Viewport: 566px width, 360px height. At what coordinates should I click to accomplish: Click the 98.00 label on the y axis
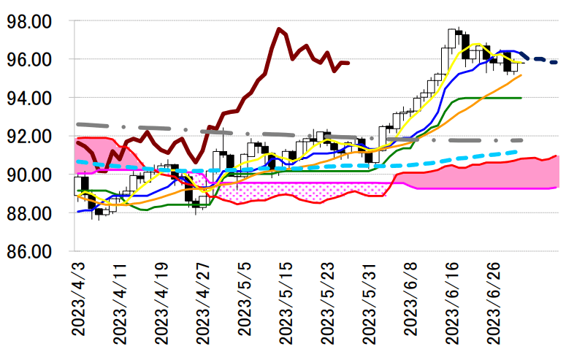[28, 21]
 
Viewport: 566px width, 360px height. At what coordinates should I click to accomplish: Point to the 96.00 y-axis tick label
[28, 60]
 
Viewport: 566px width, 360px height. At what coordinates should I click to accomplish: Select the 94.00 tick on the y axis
[28, 98]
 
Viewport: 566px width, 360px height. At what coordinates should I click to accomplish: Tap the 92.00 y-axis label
[28, 137]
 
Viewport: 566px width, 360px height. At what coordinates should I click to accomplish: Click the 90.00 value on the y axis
[28, 175]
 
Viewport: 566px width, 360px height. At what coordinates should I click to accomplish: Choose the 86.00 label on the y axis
[28, 252]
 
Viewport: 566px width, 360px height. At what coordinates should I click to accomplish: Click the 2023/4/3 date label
[77, 299]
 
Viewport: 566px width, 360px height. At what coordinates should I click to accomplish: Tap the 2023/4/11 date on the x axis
[119, 303]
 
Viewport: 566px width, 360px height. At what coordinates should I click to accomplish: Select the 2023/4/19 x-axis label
[161, 303]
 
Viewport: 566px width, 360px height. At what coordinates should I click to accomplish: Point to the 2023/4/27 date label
[202, 303]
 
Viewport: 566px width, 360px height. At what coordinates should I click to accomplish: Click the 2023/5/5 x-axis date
[244, 299]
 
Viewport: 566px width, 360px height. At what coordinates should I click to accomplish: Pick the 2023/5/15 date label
[286, 303]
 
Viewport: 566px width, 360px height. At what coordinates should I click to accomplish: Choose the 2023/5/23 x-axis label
[327, 303]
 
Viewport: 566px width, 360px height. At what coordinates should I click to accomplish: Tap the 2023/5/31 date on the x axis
[369, 303]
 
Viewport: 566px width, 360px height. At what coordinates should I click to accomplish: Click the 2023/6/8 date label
[410, 299]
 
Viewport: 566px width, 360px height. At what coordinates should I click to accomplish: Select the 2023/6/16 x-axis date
[452, 303]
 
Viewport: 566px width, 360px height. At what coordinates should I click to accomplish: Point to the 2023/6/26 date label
[494, 303]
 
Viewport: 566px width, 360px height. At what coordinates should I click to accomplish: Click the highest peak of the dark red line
[279, 29]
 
